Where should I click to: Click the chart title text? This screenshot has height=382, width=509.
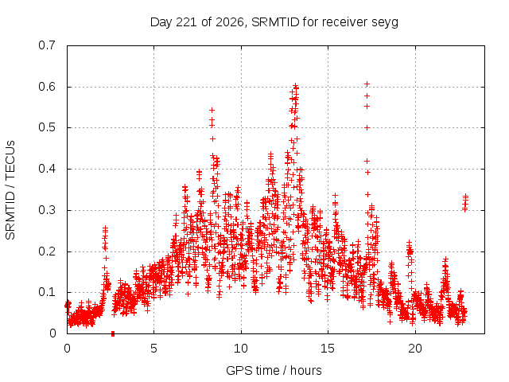point(274,22)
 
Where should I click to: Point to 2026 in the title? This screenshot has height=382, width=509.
point(230,22)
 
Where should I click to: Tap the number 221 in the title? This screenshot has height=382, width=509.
point(186,22)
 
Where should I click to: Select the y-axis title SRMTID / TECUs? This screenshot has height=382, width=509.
point(10,190)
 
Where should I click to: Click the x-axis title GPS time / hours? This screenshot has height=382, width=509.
point(274,370)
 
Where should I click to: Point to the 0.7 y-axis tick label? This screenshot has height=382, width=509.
point(47,45)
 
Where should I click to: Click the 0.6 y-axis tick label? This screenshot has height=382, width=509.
point(47,87)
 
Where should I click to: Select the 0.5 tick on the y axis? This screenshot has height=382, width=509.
point(47,127)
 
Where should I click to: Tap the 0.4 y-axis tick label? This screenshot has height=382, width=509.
point(47,169)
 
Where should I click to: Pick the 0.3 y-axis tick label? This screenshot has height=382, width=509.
point(47,210)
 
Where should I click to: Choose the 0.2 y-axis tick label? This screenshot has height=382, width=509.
point(47,251)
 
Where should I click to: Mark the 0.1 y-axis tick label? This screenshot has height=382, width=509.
point(47,292)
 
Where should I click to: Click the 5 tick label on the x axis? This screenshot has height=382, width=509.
point(153,349)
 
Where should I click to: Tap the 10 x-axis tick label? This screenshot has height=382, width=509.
point(241,349)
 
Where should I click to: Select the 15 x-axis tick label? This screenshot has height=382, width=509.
point(328,349)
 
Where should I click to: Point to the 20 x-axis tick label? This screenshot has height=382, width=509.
point(415,349)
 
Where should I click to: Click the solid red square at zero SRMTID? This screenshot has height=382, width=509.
point(113,333)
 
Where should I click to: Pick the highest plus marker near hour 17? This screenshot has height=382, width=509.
point(367,84)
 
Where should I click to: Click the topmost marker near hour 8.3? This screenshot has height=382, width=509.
point(212,110)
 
